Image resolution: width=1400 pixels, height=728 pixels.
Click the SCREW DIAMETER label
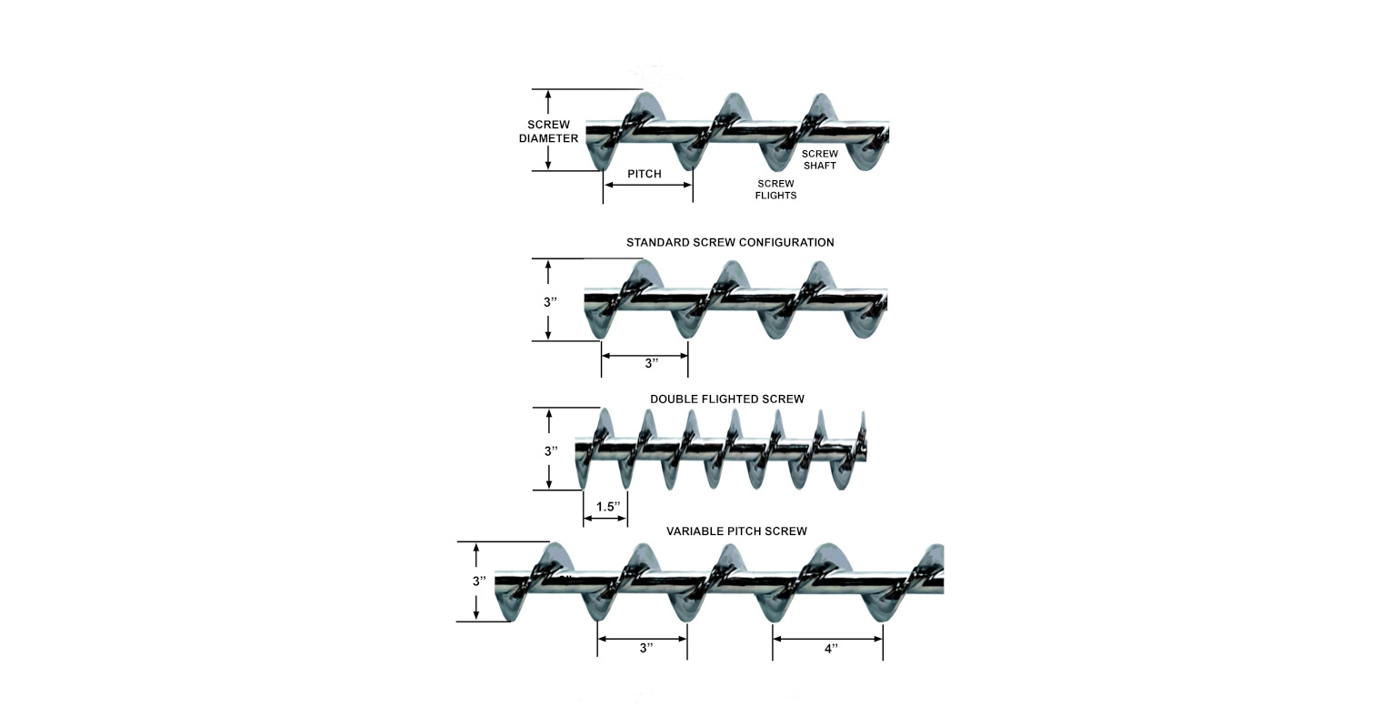pos(548,132)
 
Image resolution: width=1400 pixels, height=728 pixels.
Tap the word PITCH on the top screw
pos(645,174)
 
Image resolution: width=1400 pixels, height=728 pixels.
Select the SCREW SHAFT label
pos(819,159)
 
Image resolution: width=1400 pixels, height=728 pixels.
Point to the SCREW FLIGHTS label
pos(775,189)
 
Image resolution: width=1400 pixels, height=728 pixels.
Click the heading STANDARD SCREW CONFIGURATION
pos(730,243)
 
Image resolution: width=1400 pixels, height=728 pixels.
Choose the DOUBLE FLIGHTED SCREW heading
pos(726,399)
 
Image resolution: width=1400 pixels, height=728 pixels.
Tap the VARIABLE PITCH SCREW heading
pos(736,531)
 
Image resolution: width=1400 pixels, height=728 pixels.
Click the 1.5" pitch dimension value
pos(607,507)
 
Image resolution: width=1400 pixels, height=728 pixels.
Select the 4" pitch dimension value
pos(830,649)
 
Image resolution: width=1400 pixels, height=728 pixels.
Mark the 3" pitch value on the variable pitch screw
pos(645,649)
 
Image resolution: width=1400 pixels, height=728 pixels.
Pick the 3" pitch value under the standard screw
pos(651,364)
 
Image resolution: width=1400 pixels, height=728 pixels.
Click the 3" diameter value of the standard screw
pos(550,302)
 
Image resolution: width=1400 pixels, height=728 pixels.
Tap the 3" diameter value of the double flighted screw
pos(550,451)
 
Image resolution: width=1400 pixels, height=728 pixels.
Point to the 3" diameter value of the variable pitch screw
pos(478,581)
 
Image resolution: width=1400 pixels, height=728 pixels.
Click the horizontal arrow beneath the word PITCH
pos(648,186)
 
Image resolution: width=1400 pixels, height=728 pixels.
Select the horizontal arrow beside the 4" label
pos(827,639)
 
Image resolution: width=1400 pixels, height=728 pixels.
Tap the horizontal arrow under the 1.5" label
pos(605,519)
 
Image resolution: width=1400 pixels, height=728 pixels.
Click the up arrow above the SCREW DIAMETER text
pos(548,101)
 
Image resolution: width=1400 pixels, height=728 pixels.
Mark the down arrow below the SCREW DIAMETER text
pos(548,158)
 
